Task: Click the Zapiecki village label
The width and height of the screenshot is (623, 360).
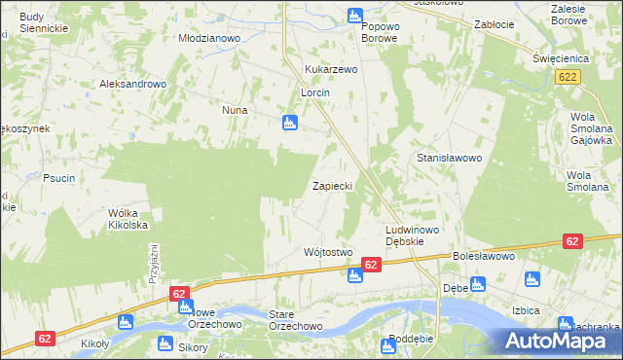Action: (338, 186)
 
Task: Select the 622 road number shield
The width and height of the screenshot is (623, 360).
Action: (569, 75)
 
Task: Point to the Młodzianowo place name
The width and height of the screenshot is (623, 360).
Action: (208, 38)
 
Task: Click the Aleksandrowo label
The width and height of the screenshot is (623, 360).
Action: (133, 84)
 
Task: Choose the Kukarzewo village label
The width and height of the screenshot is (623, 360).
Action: (332, 70)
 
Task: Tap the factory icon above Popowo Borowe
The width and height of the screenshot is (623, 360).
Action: (355, 15)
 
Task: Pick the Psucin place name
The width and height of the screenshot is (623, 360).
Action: (59, 178)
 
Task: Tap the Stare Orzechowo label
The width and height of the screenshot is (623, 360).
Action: (295, 318)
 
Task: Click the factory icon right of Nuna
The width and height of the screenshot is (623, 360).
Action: (289, 122)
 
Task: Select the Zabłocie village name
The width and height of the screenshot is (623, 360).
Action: (493, 25)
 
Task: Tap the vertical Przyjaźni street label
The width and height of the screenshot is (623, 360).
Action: (153, 264)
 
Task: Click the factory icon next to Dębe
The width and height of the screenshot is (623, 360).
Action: (477, 284)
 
